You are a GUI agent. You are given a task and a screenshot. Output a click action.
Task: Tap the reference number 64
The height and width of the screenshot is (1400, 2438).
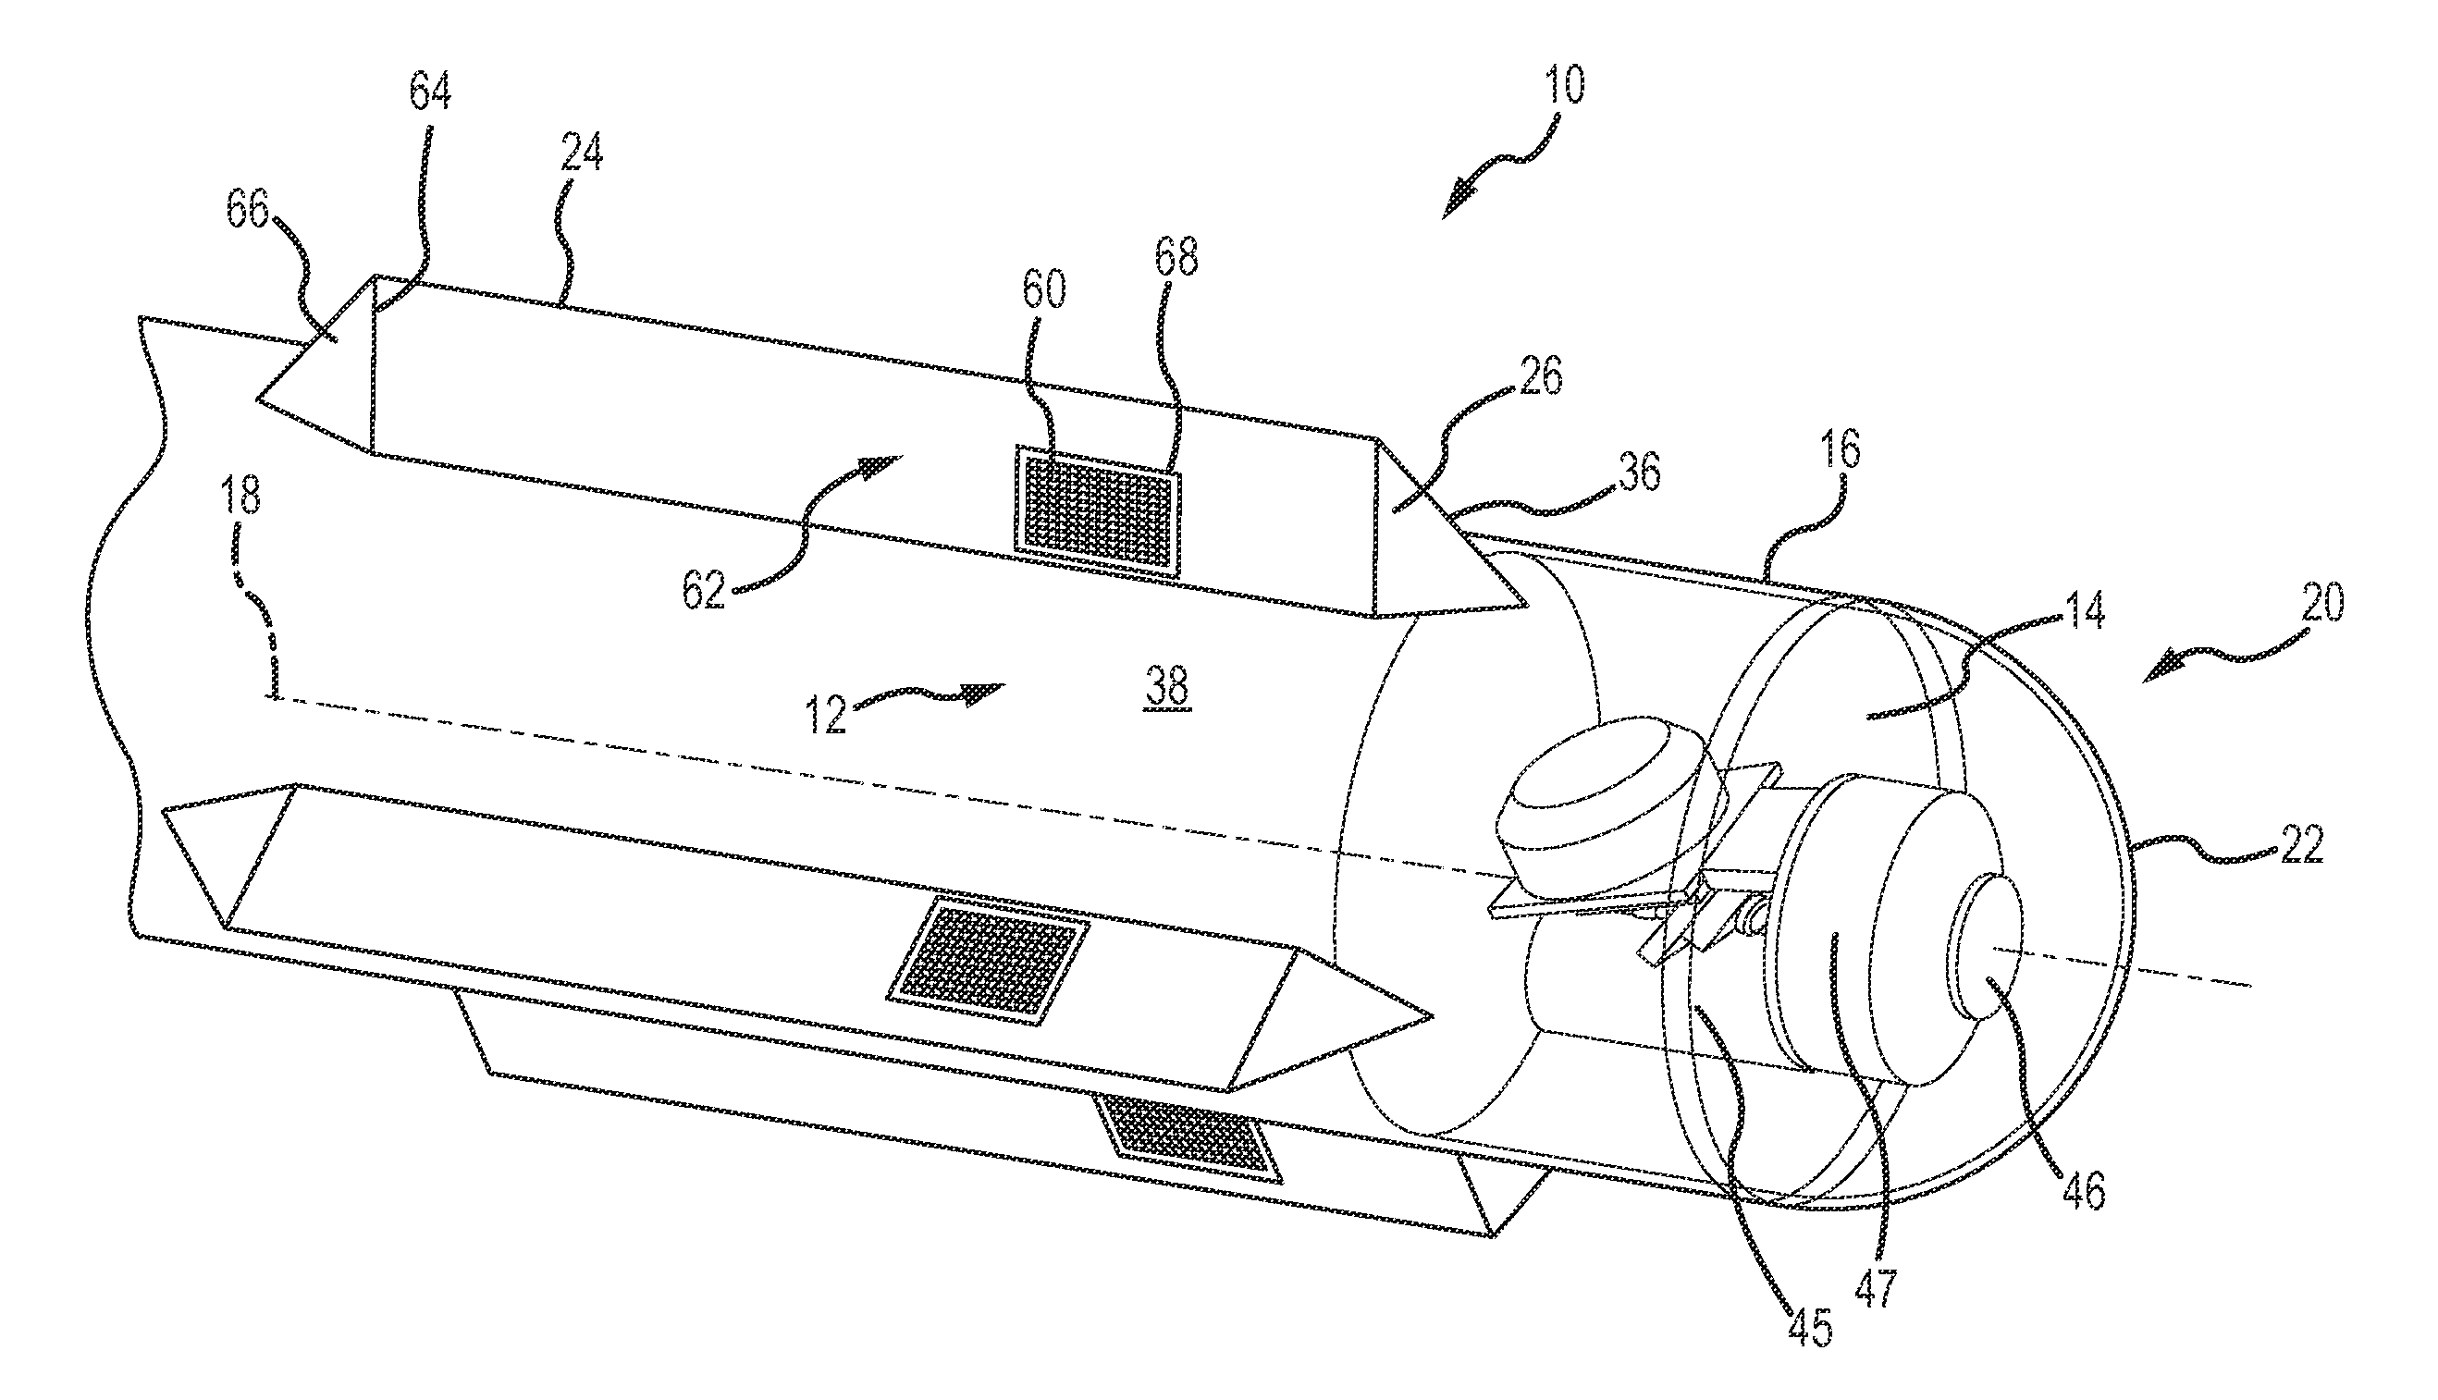430,92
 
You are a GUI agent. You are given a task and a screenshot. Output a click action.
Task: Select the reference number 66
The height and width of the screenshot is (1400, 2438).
247,209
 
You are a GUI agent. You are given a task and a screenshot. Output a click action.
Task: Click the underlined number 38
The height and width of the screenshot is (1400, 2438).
1166,686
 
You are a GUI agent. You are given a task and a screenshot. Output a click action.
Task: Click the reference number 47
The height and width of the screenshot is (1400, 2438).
1876,1288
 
